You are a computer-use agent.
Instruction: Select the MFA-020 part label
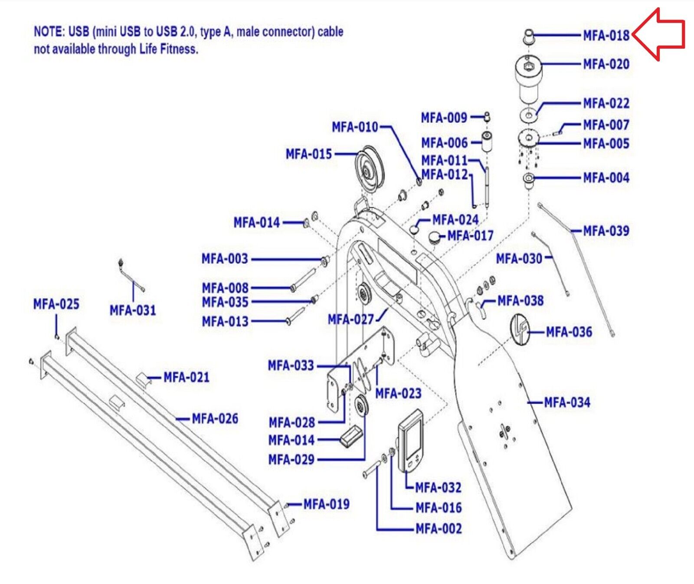point(606,64)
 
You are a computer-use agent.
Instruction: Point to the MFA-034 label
point(567,403)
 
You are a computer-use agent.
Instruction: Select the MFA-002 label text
point(439,528)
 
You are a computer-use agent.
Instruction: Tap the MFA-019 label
point(326,504)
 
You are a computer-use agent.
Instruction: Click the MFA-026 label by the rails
point(215,419)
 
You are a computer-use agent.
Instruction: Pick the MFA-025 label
point(56,304)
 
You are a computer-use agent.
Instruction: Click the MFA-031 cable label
point(133,310)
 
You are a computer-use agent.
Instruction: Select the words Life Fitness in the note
point(168,49)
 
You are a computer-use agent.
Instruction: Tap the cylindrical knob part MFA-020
point(528,79)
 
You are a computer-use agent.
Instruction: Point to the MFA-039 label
point(606,231)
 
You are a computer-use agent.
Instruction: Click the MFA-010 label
point(355,127)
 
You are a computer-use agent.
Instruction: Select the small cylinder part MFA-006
point(487,142)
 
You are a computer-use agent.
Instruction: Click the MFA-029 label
point(291,459)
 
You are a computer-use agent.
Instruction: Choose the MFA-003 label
point(225,259)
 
